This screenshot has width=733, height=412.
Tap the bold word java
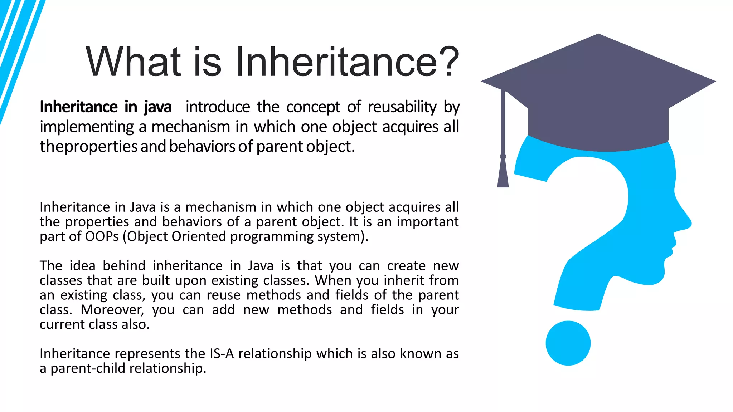pos(158,107)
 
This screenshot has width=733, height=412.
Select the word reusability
pos(402,107)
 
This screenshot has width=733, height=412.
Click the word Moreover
pos(112,310)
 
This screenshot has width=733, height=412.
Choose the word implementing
pos(87,127)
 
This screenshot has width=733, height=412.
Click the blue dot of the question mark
pos(568,343)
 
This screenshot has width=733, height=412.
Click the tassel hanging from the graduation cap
pos(503,172)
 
